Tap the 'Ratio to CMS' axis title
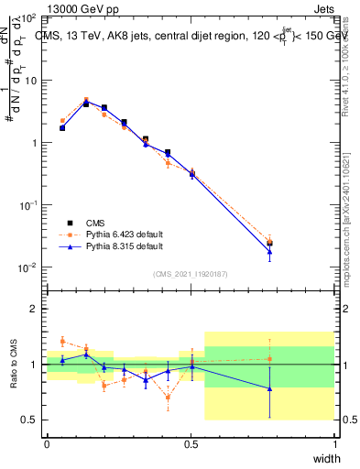click(13, 365)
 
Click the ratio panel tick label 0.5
click(30, 420)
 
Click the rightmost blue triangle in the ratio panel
click(269, 388)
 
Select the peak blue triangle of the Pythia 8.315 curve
click(86, 104)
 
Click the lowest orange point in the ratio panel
click(168, 397)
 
